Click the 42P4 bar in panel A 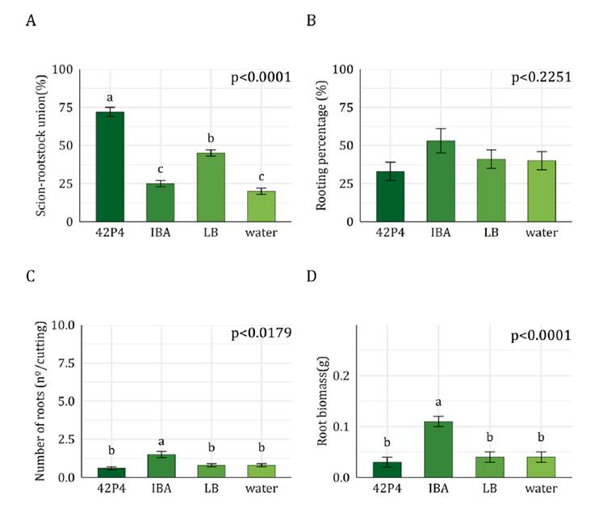(x=110, y=166)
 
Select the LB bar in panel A (x=211, y=187)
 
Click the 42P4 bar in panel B (x=390, y=196)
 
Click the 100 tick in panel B (x=343, y=69)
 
